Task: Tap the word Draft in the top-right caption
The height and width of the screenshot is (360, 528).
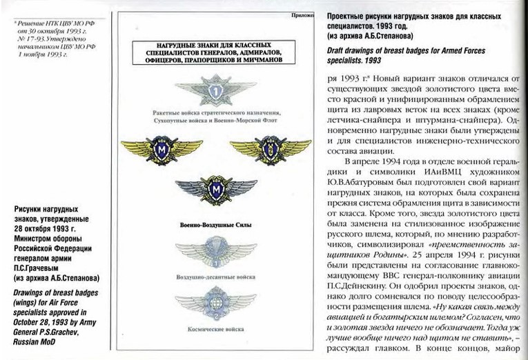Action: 336,51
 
